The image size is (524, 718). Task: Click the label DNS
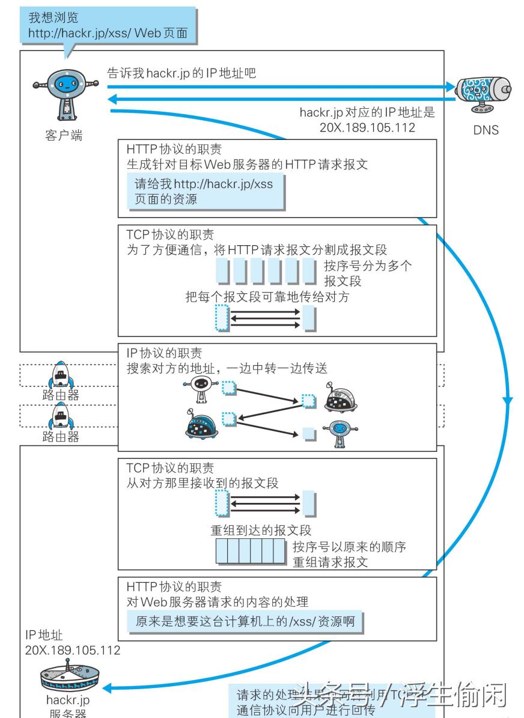(x=486, y=129)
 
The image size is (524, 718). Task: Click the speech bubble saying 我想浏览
(x=108, y=25)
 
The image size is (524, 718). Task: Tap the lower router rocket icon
(x=60, y=415)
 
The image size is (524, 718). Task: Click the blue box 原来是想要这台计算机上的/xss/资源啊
(x=246, y=622)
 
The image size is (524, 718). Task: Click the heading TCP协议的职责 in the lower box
(x=170, y=467)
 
